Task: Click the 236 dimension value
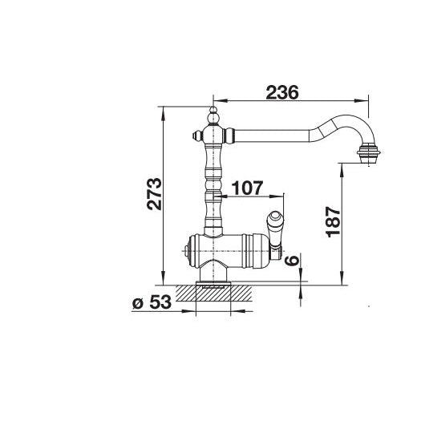282,92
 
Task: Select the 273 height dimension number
154,193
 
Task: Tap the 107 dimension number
247,188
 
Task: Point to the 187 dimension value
333,222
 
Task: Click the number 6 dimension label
291,261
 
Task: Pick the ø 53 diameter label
152,302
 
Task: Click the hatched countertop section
213,293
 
